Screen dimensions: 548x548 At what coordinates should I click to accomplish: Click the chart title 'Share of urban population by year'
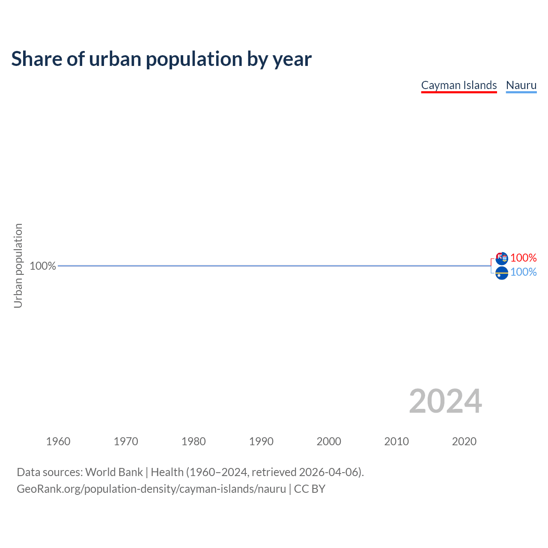[x=161, y=59]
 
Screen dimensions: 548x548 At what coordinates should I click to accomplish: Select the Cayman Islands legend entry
[x=459, y=85]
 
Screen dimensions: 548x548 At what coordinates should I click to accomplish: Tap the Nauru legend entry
[x=521, y=85]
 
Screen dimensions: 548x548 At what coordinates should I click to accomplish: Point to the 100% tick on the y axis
[x=43, y=266]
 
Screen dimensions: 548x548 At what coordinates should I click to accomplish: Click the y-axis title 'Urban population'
[x=18, y=265]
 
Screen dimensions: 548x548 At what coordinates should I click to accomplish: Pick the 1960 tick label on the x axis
[x=58, y=441]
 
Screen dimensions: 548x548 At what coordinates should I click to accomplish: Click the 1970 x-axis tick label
[x=126, y=441]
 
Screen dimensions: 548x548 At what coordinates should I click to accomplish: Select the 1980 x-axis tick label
[x=194, y=441]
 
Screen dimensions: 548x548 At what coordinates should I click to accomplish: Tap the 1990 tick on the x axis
[x=261, y=441]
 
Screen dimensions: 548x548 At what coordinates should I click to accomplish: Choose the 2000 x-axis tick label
[x=329, y=441]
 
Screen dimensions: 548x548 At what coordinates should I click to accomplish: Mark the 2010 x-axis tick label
[x=396, y=441]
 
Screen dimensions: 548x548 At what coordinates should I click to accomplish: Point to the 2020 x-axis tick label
[x=464, y=441]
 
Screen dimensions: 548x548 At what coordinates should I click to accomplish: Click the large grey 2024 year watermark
[x=445, y=401]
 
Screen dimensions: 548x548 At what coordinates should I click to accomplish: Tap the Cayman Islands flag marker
[x=502, y=259]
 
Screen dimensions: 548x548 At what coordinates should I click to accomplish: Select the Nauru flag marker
[x=502, y=273]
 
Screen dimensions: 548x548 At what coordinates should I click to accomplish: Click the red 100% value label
[x=523, y=258]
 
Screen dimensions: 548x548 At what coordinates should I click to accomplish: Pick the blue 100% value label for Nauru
[x=523, y=272]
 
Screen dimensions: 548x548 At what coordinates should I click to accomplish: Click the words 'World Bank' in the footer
[x=114, y=472]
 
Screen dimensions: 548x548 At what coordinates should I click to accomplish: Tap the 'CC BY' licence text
[x=310, y=489]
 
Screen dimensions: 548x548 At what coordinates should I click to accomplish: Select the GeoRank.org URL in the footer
[x=151, y=489]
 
